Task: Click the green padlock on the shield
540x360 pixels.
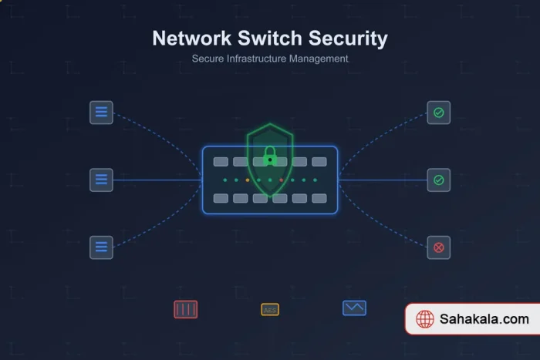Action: pos(270,157)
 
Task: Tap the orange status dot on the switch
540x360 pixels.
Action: pos(247,180)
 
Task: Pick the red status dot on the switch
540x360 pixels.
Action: pos(282,180)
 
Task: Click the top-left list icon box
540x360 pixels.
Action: pos(101,113)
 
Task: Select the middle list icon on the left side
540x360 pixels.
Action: pos(101,180)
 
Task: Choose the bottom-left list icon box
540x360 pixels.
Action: pos(101,247)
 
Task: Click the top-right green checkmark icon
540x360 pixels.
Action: pos(438,113)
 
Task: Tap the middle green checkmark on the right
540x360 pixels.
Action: pos(438,180)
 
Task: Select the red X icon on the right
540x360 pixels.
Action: pos(438,247)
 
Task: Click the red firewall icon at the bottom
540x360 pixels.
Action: pos(186,309)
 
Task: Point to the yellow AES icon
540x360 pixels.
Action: pos(270,310)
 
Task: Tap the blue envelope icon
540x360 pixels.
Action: pos(354,308)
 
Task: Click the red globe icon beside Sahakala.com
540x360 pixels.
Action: pos(425,319)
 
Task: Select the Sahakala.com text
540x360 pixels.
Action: pos(484,319)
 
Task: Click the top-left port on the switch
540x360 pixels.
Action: pos(221,162)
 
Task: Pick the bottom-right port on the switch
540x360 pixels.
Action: pos(319,198)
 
